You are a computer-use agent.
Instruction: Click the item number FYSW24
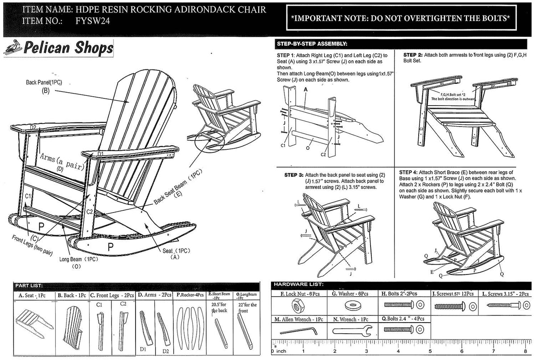tap(93, 20)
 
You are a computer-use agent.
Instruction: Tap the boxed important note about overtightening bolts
tap(399, 18)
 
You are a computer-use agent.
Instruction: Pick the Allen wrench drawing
tap(298, 330)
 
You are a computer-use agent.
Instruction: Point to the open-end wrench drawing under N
tap(353, 331)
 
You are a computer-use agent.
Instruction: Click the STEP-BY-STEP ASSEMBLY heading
tap(312, 44)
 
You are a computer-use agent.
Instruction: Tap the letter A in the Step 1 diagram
tap(306, 90)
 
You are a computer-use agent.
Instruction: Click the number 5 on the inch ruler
tap(430, 351)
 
